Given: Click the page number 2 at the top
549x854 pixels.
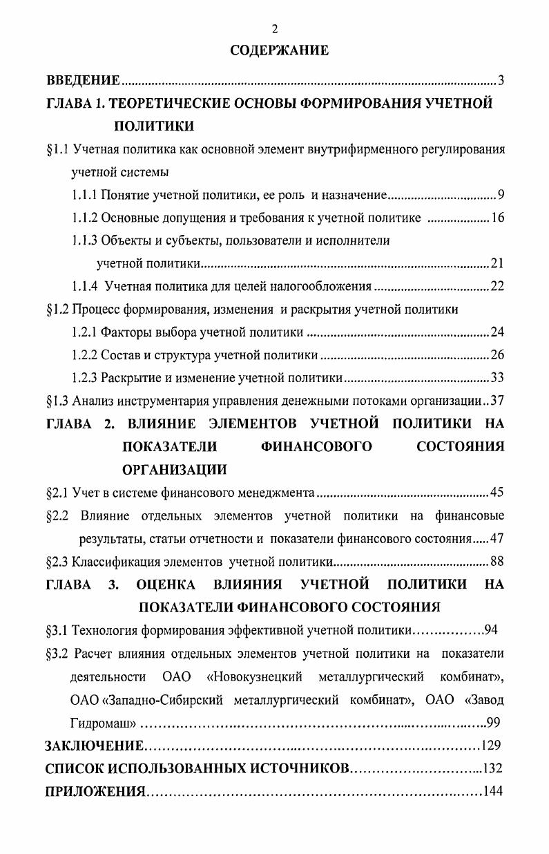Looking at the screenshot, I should (x=274, y=29).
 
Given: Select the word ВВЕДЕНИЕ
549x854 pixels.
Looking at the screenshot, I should (x=83, y=82).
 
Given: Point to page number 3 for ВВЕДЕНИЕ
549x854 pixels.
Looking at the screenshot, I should (x=501, y=82).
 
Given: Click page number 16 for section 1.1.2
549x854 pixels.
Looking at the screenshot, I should (x=497, y=218).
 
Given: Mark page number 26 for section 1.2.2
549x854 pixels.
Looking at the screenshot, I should (x=497, y=355).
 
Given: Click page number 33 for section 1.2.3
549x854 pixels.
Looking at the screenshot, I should (x=497, y=378).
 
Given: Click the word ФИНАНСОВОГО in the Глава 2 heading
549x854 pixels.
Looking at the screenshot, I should (x=317, y=447).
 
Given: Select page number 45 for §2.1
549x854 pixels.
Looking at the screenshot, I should (x=497, y=493).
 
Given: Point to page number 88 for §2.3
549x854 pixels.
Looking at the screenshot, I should (x=497, y=561).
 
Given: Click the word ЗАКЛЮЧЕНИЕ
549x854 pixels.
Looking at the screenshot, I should (x=95, y=746).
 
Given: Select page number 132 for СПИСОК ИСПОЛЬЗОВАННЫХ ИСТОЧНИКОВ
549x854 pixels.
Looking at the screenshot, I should (x=493, y=769).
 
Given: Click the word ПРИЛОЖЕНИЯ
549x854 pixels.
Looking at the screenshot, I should (x=95, y=792).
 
